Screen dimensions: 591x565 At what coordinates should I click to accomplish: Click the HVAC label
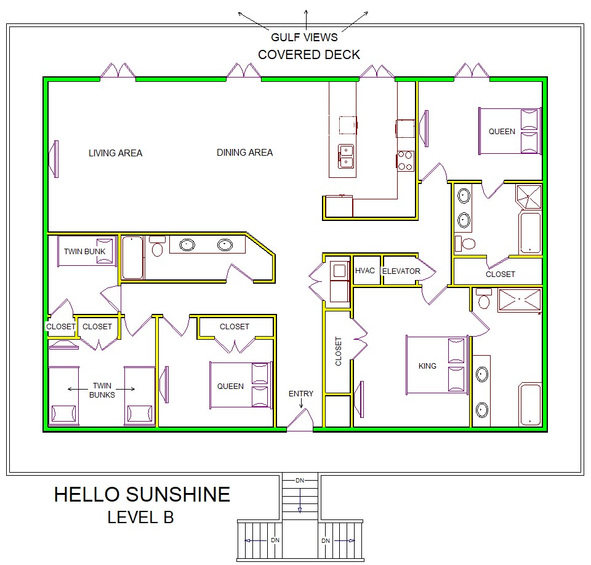365,271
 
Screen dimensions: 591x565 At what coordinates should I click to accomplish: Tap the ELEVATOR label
401,271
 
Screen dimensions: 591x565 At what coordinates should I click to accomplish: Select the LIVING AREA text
115,153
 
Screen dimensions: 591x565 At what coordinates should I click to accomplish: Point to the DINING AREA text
244,152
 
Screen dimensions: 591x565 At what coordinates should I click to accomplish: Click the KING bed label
427,366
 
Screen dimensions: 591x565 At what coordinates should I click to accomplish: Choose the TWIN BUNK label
85,251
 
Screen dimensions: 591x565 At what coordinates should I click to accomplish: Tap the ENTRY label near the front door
301,393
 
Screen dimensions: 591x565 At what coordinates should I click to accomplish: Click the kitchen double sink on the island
346,156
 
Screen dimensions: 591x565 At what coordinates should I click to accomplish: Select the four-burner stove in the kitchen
405,161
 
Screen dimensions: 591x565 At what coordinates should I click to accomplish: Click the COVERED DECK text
309,55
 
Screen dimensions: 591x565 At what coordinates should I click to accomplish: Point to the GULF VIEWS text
305,38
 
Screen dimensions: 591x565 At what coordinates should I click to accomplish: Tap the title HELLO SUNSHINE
142,494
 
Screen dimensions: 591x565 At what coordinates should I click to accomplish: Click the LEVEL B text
140,517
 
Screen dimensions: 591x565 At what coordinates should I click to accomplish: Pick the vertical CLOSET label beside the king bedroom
339,351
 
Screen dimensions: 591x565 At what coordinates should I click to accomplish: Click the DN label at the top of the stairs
300,481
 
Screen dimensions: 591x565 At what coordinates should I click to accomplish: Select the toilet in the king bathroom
484,299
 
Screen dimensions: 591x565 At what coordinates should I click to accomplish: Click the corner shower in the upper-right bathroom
529,196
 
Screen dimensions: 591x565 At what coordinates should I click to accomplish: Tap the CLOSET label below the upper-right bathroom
500,274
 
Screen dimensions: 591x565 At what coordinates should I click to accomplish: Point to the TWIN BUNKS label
102,390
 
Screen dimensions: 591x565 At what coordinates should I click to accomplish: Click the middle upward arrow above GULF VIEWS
306,20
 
